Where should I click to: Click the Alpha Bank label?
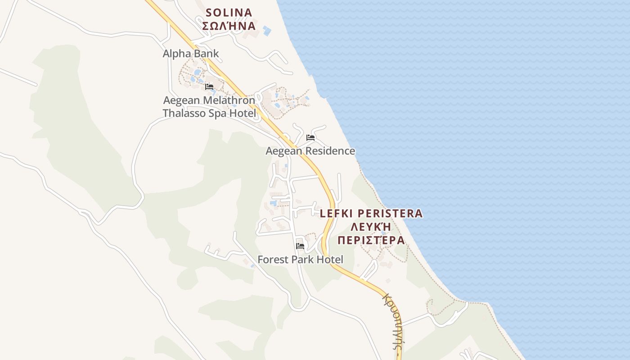click(x=190, y=54)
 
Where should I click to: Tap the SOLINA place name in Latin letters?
click(x=229, y=12)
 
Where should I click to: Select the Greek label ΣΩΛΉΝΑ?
click(x=229, y=26)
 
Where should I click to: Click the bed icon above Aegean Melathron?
click(x=209, y=87)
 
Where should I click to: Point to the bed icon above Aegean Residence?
click(x=310, y=138)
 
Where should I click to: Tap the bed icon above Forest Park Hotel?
click(x=300, y=246)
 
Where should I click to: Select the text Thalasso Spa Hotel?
click(x=209, y=113)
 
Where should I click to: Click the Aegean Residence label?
click(x=310, y=151)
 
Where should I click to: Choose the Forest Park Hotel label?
click(x=300, y=259)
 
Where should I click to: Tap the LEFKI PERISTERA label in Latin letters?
click(x=371, y=213)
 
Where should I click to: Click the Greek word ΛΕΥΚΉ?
click(x=371, y=227)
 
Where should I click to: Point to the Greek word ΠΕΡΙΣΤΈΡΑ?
click(x=371, y=240)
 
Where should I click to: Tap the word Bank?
click(x=206, y=54)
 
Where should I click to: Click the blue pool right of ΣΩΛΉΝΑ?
click(x=267, y=31)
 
